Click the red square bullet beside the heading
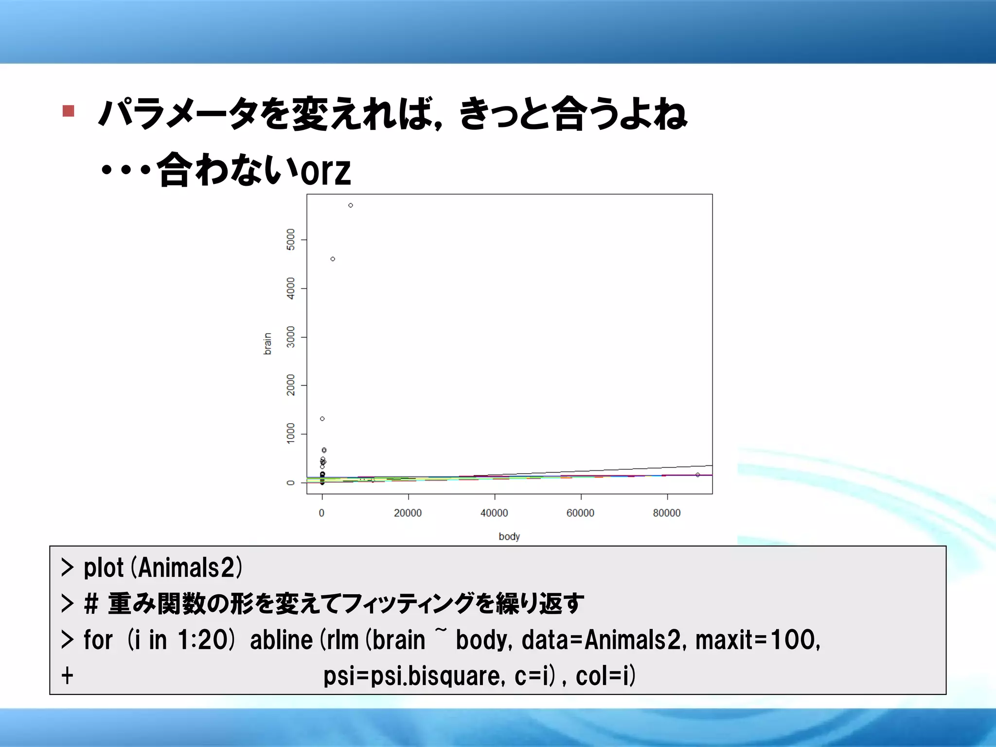[x=69, y=111]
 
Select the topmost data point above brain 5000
[x=351, y=205]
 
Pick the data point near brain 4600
[x=333, y=259]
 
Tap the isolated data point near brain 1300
[x=322, y=419]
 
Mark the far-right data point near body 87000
[x=698, y=475]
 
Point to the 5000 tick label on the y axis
[x=291, y=239]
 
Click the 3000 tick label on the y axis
[x=291, y=337]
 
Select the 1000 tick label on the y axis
[x=291, y=433]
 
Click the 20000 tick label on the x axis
[x=408, y=513]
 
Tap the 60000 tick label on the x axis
[x=580, y=513]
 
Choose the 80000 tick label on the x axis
[x=666, y=513]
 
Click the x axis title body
[x=509, y=536]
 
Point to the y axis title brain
[x=267, y=344]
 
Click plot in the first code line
[x=104, y=568]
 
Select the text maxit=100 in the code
[x=757, y=640]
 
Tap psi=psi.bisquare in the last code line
[x=414, y=676]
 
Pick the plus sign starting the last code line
[x=68, y=676]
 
